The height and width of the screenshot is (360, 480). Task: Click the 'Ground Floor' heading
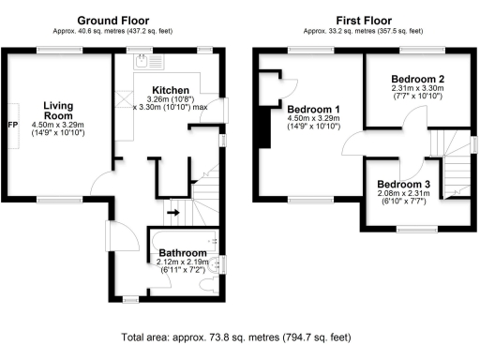tap(115, 20)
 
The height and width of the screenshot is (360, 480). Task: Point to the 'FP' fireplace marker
tap(13, 124)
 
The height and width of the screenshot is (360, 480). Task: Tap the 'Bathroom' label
tap(182, 253)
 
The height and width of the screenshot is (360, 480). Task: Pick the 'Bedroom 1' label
tap(315, 109)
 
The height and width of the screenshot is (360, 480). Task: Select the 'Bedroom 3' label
tap(404, 184)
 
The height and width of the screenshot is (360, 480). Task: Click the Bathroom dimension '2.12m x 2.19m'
tap(182, 262)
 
